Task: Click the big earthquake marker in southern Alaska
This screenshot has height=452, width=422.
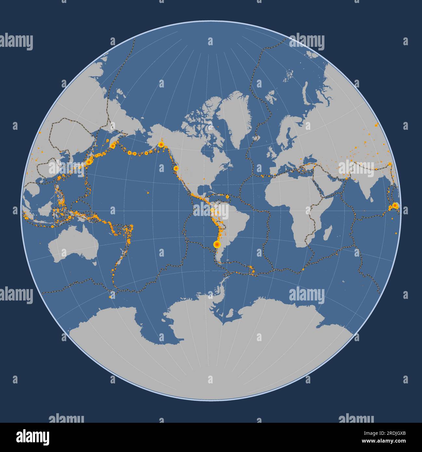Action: [161, 144]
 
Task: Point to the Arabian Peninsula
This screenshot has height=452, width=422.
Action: [329, 185]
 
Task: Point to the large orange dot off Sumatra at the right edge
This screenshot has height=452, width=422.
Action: [395, 206]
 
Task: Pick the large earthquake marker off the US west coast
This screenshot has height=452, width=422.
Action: [176, 168]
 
